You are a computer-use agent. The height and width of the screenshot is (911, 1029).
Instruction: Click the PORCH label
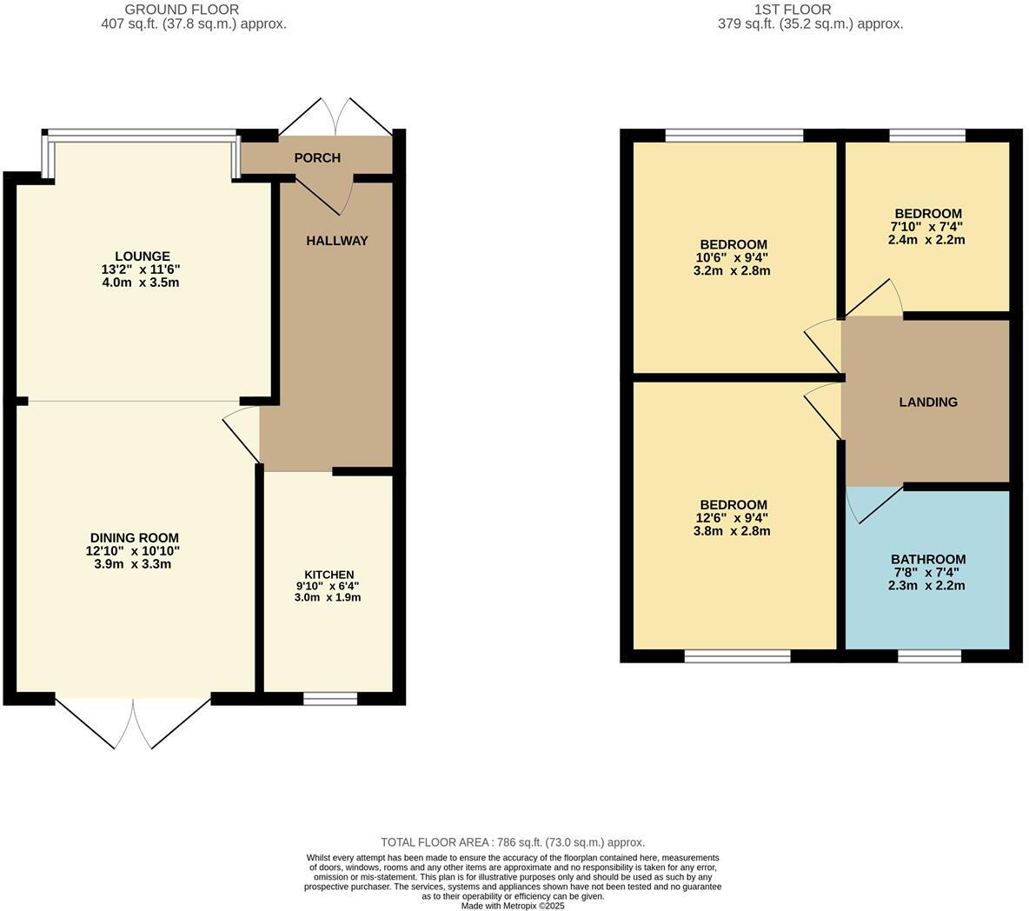pos(317,157)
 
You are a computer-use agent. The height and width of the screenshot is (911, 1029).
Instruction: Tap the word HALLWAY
pos(337,241)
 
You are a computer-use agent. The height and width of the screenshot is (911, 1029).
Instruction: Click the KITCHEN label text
pos(329,575)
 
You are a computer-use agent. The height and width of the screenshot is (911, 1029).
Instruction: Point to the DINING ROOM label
pos(134,538)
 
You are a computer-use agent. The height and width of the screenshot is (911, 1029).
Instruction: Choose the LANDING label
pos(928,402)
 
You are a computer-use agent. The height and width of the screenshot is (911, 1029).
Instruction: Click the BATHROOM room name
pos(928,560)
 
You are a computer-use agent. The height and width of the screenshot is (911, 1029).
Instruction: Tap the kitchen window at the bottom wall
pos(331,698)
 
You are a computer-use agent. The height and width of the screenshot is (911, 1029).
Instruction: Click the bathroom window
pos(929,655)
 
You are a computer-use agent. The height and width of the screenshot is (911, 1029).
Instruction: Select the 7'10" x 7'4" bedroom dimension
pos(928,227)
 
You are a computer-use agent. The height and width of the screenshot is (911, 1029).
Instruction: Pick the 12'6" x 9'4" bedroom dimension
pos(734,518)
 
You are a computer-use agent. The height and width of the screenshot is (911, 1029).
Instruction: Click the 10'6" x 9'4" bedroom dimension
pos(734,257)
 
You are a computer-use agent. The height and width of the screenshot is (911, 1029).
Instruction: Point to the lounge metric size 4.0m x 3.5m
pos(140,283)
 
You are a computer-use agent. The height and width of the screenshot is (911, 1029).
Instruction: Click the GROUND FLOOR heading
pos(182,10)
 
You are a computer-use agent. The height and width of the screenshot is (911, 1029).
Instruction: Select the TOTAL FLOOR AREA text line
pos(513,842)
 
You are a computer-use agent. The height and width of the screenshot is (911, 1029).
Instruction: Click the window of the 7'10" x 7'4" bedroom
pos(928,135)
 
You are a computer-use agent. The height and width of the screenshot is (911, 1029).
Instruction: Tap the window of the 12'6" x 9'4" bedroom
pos(738,656)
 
